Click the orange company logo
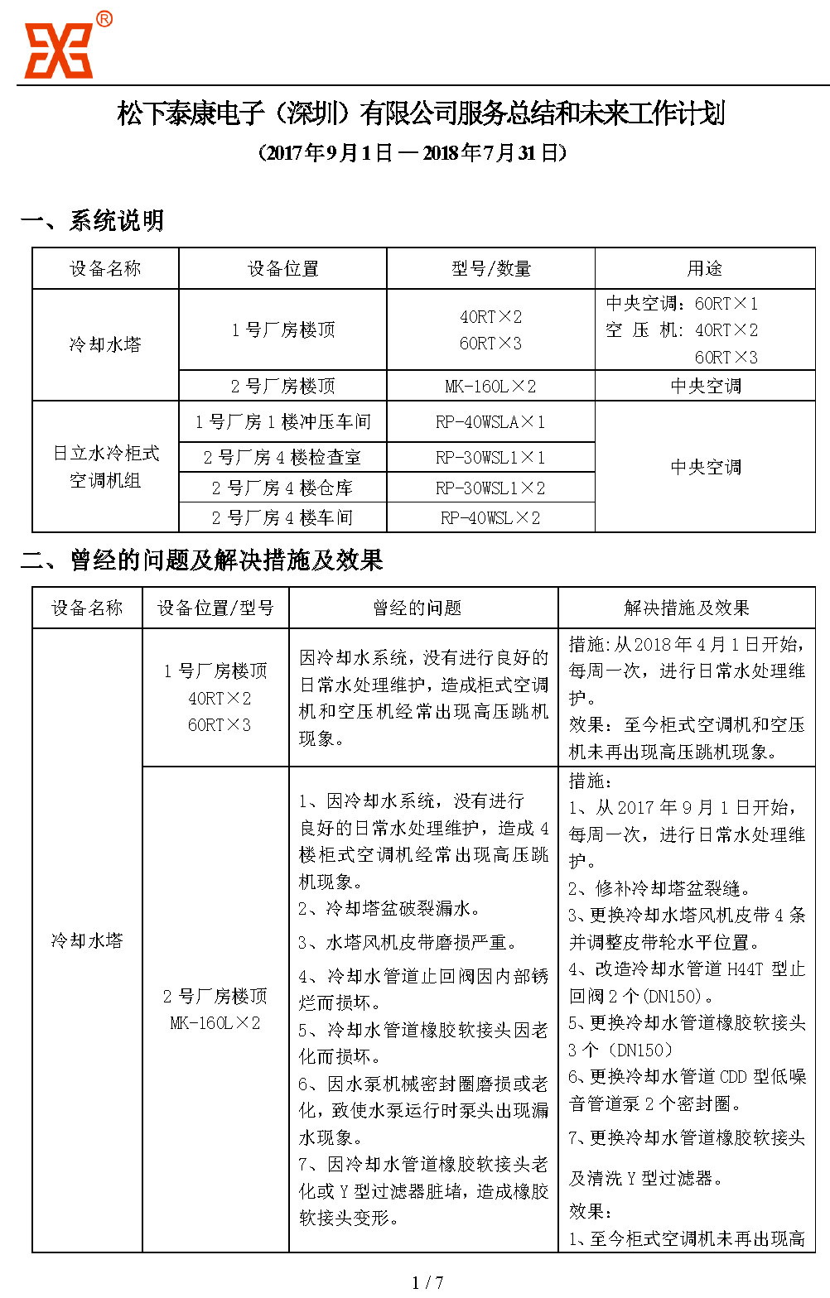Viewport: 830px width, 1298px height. coord(57,50)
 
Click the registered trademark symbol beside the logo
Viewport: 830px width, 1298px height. coord(104,19)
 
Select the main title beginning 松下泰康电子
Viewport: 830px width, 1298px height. coord(421,113)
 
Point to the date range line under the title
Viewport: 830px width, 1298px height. coord(413,153)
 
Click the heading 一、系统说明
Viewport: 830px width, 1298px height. coord(92,221)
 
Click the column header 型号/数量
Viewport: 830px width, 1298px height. coord(490,269)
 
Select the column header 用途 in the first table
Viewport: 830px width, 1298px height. coord(704,269)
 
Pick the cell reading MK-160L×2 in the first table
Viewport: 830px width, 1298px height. coord(490,387)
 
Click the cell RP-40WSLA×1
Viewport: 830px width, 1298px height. coord(490,422)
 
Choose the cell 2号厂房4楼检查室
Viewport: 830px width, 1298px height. coord(282,457)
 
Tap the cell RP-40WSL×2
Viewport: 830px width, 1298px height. coord(490,518)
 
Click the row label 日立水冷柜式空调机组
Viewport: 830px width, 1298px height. coord(105,467)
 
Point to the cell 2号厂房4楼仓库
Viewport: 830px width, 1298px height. coord(282,488)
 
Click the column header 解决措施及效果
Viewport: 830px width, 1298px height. coord(686,608)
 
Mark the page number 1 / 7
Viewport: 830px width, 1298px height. coord(427,1282)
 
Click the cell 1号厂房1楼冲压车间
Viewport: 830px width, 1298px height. coord(282,422)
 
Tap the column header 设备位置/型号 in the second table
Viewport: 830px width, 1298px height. coord(215,608)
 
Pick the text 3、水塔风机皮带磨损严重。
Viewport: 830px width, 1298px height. coord(408,942)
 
